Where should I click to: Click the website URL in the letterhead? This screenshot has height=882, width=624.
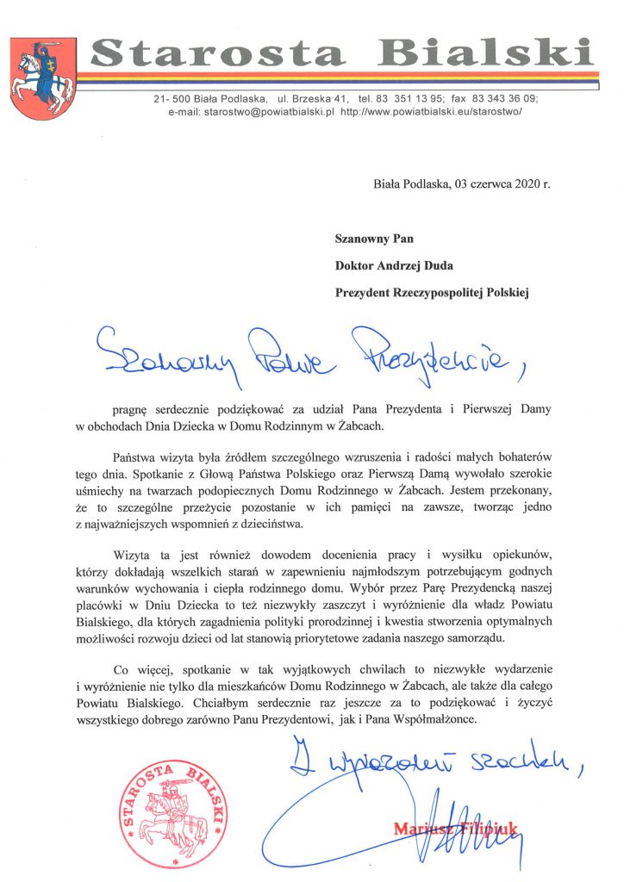(x=432, y=112)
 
